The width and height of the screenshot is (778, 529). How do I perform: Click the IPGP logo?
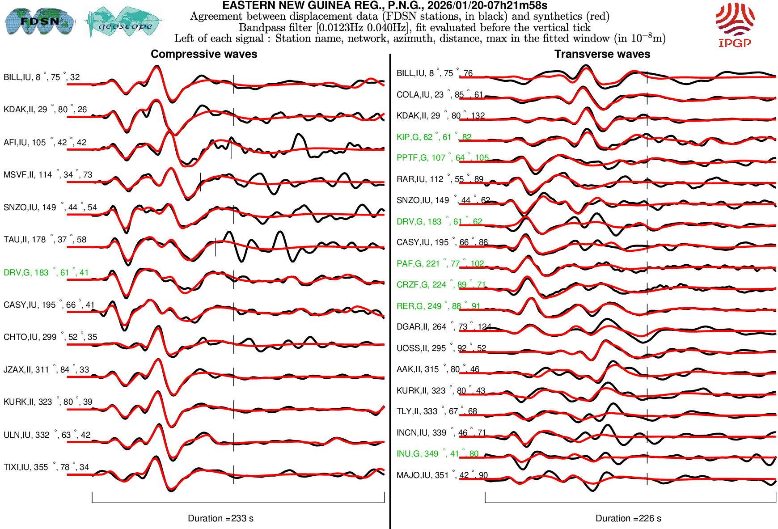click(735, 25)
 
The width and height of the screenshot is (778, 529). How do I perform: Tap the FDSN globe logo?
click(39, 21)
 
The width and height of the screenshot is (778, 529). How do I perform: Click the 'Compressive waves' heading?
click(204, 54)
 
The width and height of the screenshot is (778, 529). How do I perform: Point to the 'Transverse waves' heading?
click(602, 54)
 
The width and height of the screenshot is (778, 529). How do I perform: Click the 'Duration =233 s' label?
click(220, 518)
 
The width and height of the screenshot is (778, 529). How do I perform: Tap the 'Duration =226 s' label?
click(628, 518)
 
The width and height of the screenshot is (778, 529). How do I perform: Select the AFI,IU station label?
click(45, 143)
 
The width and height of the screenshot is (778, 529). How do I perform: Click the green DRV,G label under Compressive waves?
click(46, 273)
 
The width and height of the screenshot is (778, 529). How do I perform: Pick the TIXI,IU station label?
click(46, 467)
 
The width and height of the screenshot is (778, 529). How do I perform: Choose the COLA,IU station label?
click(440, 95)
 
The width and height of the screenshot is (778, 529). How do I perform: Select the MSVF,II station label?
click(47, 175)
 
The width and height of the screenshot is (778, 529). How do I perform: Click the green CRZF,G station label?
click(441, 285)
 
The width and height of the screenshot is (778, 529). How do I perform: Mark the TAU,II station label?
click(45, 240)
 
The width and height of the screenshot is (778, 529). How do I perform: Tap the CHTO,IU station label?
click(50, 337)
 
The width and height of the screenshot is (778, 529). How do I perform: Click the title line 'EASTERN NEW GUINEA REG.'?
click(385, 5)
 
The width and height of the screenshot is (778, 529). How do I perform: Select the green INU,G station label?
click(437, 454)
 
